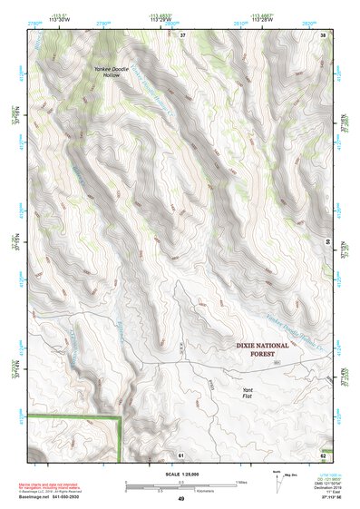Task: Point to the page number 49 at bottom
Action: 180,499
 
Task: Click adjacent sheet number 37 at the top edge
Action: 181,34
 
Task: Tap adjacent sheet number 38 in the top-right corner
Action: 324,34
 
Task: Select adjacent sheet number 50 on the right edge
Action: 325,241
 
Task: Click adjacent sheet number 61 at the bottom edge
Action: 181,454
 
